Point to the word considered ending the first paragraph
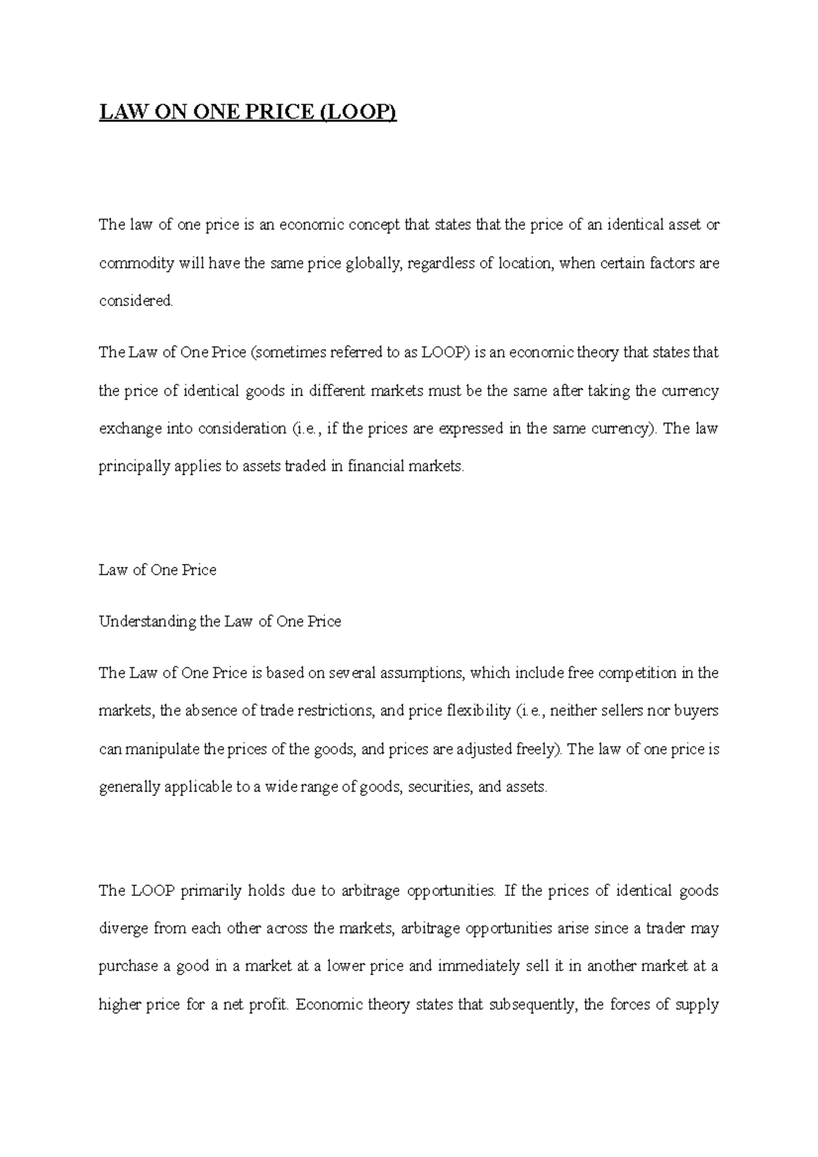click(x=136, y=301)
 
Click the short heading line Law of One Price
click(x=157, y=570)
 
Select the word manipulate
click(x=162, y=750)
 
